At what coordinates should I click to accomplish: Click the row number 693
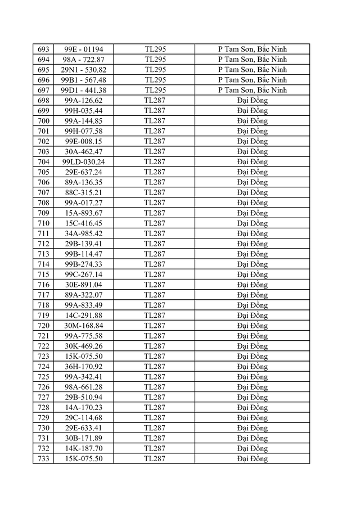pos(43,49)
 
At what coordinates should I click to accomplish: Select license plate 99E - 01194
pos(84,49)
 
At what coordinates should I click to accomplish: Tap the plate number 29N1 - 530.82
pos(84,70)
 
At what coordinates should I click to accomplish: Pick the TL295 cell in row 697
pos(155,90)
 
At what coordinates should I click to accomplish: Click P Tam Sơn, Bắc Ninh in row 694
pos(253,59)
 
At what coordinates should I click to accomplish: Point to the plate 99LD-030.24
pos(84,161)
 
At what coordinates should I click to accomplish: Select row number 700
pos(43,121)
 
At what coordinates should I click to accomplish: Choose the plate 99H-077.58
pos(84,131)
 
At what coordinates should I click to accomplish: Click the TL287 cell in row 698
pos(155,100)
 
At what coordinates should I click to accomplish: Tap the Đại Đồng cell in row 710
pos(253,223)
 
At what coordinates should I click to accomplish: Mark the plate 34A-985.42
pos(84,233)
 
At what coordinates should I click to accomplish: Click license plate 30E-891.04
pos(84,285)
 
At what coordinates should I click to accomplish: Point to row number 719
pos(43,315)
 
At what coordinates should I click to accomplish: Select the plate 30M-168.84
pos(84,326)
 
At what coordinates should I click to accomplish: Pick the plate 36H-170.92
pos(84,366)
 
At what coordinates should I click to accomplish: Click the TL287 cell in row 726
pos(155,387)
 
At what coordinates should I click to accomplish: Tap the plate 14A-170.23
pos(84,407)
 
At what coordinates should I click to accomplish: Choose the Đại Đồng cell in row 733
pos(253,458)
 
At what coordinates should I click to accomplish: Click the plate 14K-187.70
pos(84,448)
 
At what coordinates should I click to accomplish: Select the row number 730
pos(43,428)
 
